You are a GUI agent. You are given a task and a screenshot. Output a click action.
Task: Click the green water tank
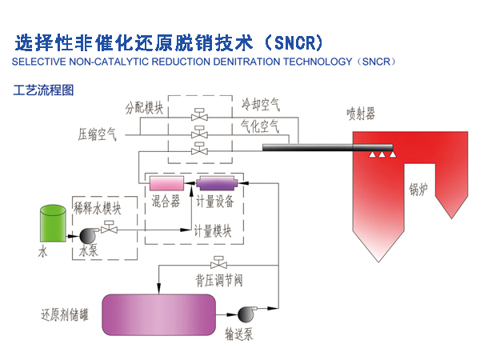click(x=53, y=223)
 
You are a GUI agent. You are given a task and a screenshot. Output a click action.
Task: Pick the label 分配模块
click(x=145, y=106)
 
